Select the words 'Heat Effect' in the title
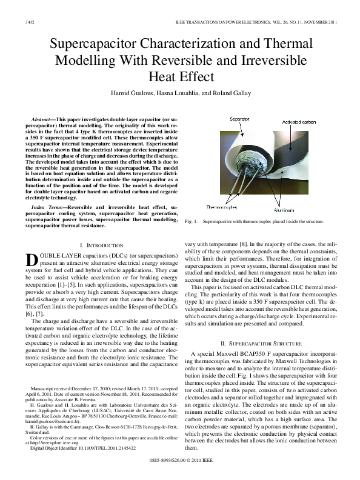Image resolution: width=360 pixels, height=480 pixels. (179, 77)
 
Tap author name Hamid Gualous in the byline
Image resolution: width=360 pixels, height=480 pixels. (131, 93)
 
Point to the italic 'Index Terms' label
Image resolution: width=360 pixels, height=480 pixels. (48, 207)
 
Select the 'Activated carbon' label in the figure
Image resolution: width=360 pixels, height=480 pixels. (316, 122)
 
